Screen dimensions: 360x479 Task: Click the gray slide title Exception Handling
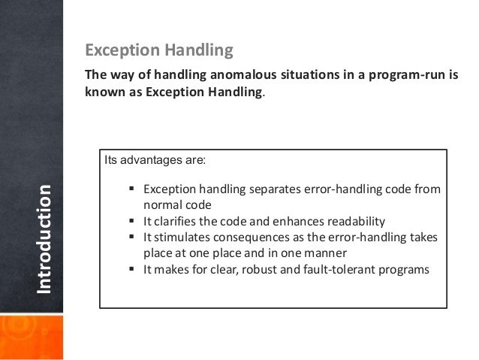(159, 51)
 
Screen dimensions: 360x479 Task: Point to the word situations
(304, 77)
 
